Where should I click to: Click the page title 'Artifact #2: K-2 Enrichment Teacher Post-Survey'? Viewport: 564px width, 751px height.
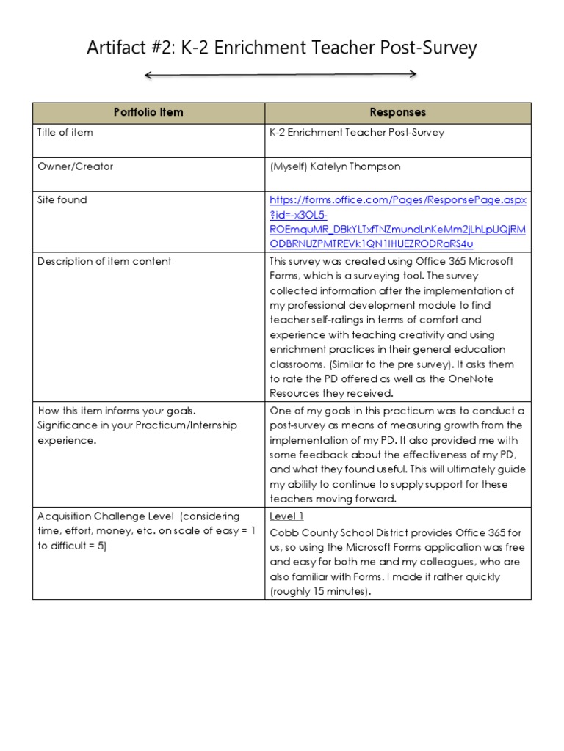282,48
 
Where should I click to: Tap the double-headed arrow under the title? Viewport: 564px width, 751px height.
281,74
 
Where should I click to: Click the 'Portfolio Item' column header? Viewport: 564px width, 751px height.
148,112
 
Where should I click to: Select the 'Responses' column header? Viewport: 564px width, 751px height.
397,112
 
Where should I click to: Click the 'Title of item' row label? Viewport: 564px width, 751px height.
65,133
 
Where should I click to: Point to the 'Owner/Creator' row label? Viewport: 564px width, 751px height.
76,166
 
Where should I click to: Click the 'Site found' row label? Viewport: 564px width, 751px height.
62,199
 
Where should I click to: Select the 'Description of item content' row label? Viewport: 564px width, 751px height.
104,261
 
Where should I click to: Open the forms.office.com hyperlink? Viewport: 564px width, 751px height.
397,221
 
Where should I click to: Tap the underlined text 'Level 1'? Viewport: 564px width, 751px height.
286,516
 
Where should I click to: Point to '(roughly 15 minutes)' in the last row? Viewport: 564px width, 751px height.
320,591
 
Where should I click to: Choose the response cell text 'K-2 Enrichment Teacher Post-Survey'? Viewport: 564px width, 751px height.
357,133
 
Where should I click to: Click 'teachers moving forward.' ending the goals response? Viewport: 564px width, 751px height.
333,499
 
